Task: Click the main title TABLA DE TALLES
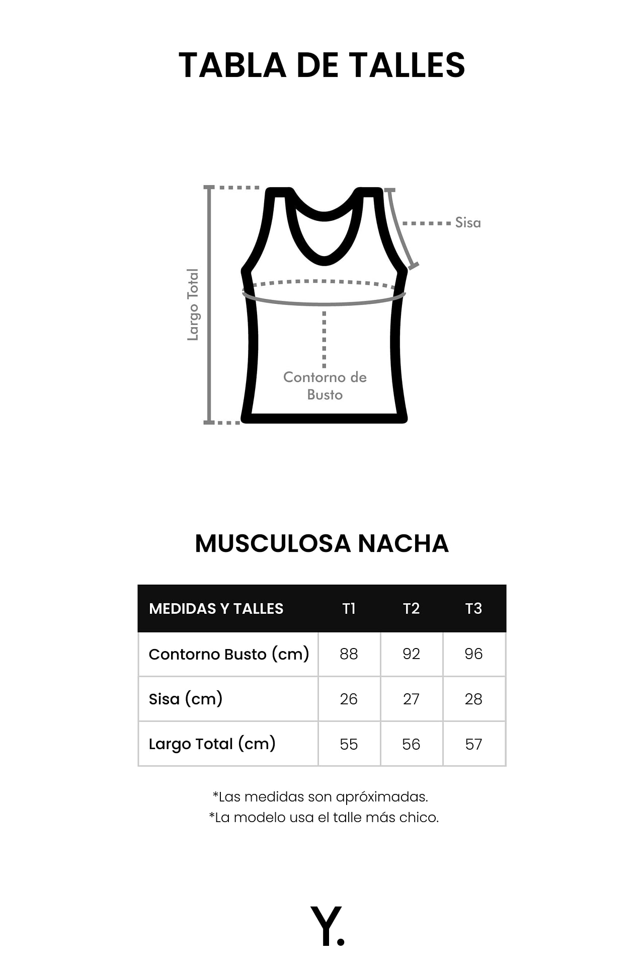tap(322, 65)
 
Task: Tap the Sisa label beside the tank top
tap(468, 222)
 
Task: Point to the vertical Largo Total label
tap(193, 304)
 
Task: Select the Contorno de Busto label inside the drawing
tap(325, 386)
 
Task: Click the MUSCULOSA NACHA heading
tap(322, 543)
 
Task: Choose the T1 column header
tap(349, 609)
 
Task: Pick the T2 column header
tap(411, 609)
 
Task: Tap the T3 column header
tap(473, 609)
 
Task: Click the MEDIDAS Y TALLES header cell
tap(216, 609)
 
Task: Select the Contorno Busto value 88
tap(349, 654)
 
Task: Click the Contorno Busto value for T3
tap(473, 654)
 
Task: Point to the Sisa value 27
tap(411, 699)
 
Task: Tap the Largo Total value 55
tap(349, 744)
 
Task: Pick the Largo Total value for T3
tap(473, 744)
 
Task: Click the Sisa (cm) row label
tap(186, 699)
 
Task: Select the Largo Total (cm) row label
tap(212, 744)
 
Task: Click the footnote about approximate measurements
tap(320, 797)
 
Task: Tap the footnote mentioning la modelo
tap(324, 818)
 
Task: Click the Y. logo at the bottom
tap(327, 926)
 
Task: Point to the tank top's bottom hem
tap(324, 418)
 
